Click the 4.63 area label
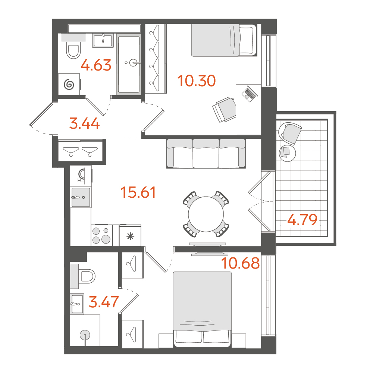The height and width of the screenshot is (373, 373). pyautogui.click(x=96, y=65)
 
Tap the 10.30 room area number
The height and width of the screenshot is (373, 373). pyautogui.click(x=197, y=81)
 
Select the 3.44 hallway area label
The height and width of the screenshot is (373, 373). pyautogui.click(x=84, y=124)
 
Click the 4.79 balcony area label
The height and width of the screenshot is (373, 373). pyautogui.click(x=303, y=220)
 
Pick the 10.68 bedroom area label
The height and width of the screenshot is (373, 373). pyautogui.click(x=240, y=263)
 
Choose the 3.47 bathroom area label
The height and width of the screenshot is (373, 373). pyautogui.click(x=104, y=302)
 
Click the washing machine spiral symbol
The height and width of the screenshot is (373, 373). pyautogui.click(x=69, y=84)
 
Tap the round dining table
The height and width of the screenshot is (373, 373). pyautogui.click(x=206, y=214)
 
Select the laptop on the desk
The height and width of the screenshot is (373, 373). pyautogui.click(x=250, y=94)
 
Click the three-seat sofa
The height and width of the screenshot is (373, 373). pyautogui.click(x=206, y=154)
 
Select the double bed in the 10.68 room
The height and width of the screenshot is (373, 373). pyautogui.click(x=202, y=309)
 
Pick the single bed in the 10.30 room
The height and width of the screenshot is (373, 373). pyautogui.click(x=224, y=40)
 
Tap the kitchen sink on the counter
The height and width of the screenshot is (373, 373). pyautogui.click(x=81, y=197)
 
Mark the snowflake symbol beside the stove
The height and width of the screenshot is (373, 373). pyautogui.click(x=130, y=236)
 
